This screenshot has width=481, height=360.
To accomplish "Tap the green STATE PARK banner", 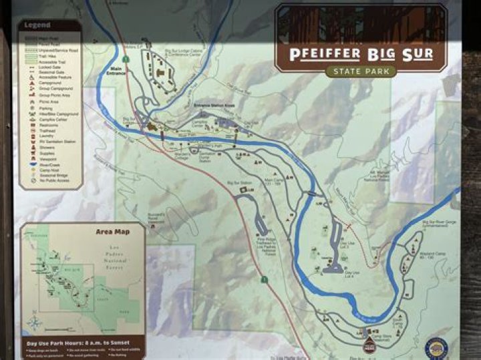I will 361,71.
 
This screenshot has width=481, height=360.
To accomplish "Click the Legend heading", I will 37,25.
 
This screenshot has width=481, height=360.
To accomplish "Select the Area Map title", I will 112,232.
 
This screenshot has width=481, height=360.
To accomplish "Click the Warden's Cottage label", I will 182,155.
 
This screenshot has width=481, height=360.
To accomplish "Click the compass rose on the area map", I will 35,323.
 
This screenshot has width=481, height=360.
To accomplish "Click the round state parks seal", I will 436,347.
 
